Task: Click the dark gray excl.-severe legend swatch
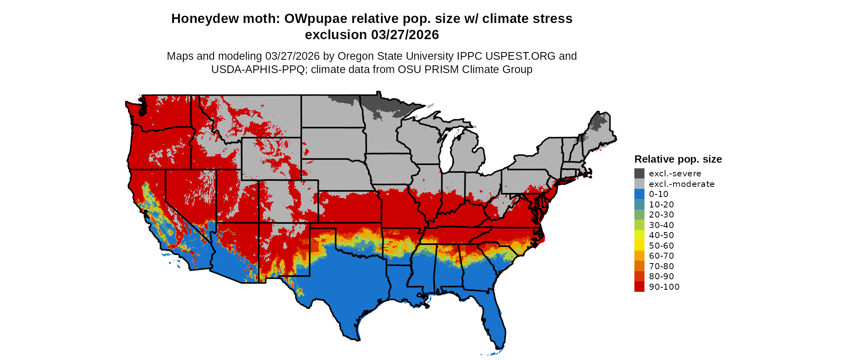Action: (639, 174)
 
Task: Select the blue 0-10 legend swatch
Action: (639, 194)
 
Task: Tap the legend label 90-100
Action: (664, 287)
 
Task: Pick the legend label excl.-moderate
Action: (681, 184)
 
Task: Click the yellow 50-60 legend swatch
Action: (639, 245)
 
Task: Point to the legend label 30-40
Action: (661, 225)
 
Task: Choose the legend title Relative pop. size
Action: (678, 159)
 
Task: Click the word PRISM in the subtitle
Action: (444, 69)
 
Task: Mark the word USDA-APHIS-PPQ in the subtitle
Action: (258, 69)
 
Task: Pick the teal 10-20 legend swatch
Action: (639, 204)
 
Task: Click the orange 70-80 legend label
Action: (661, 266)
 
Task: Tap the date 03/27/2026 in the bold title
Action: (405, 35)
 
